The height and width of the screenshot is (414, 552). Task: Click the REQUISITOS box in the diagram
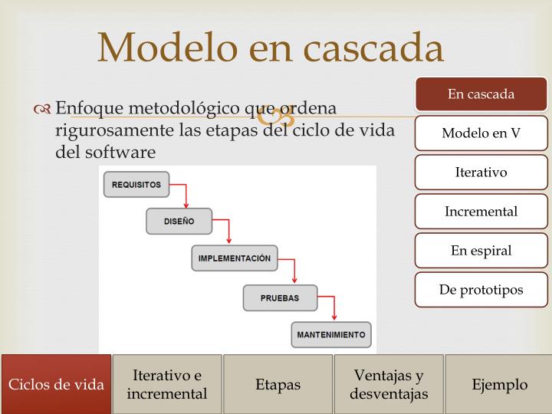pyautogui.click(x=136, y=184)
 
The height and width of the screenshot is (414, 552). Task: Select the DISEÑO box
pyautogui.click(x=179, y=221)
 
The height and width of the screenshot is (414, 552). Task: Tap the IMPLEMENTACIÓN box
pyautogui.click(x=234, y=258)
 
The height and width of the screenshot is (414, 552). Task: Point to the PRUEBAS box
pyautogui.click(x=279, y=297)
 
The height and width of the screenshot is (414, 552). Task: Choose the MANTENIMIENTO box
pyautogui.click(x=331, y=334)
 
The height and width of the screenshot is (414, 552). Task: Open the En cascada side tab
pyautogui.click(x=481, y=94)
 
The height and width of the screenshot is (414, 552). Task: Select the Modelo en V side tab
pyautogui.click(x=481, y=133)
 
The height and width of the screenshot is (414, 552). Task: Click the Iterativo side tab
pyautogui.click(x=481, y=172)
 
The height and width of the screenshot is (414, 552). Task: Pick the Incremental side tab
pyautogui.click(x=481, y=211)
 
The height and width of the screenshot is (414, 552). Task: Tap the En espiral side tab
pyautogui.click(x=481, y=250)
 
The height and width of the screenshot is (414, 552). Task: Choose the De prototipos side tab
pyautogui.click(x=481, y=290)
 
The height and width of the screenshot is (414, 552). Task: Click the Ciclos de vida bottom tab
pyautogui.click(x=56, y=384)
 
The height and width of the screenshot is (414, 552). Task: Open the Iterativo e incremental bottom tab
pyautogui.click(x=167, y=384)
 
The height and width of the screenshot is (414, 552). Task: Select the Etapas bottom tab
pyautogui.click(x=278, y=384)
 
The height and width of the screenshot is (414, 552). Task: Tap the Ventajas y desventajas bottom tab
pyautogui.click(x=389, y=384)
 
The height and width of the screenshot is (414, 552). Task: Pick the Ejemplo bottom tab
pyautogui.click(x=499, y=384)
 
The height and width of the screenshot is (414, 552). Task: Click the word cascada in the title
pyautogui.click(x=375, y=48)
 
